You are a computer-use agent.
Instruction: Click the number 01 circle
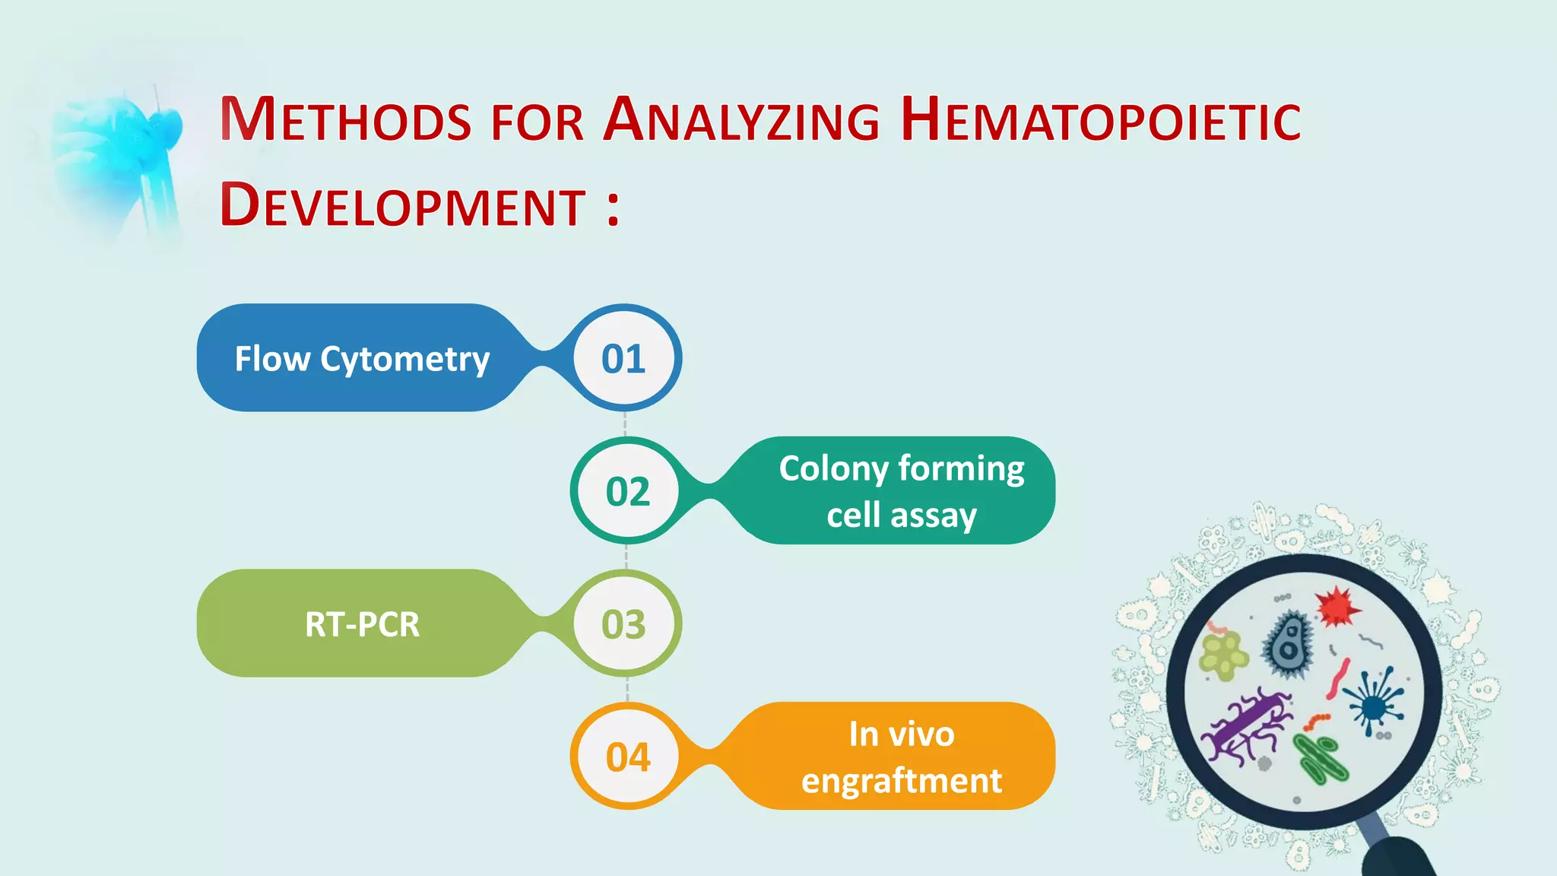[623, 358]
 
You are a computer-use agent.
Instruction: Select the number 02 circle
[627, 491]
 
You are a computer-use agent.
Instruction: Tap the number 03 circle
[623, 624]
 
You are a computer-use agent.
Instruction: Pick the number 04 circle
[627, 757]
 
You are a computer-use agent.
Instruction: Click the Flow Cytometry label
[362, 359]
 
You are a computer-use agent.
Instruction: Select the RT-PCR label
[362, 624]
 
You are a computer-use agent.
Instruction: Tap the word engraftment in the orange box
[902, 781]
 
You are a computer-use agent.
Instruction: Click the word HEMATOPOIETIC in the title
[1100, 120]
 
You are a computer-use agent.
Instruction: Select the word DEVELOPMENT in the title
[403, 206]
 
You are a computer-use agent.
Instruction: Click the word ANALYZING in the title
[741, 120]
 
